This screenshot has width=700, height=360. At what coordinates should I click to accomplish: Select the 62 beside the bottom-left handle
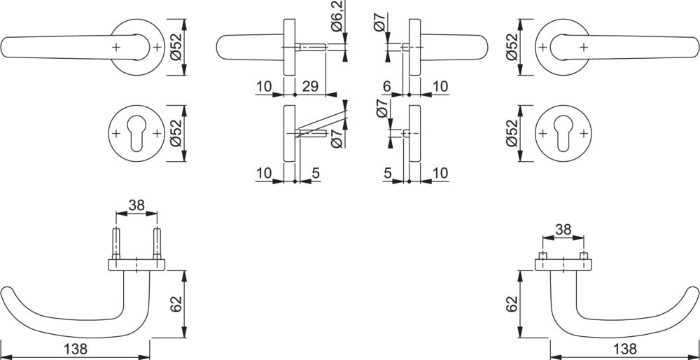click(x=176, y=303)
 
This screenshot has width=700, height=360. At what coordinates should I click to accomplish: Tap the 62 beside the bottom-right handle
click(x=513, y=303)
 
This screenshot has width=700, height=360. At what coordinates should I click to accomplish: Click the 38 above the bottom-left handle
click(x=136, y=206)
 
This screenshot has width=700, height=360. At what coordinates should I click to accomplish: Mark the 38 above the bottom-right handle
click(x=563, y=229)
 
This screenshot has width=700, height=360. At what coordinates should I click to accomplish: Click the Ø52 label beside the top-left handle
click(x=176, y=47)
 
